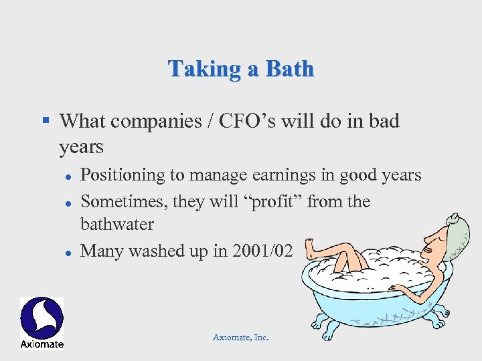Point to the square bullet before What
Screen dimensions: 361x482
46,121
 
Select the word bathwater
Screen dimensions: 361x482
117,224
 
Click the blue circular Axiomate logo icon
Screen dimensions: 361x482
42,318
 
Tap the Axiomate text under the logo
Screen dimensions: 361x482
42,344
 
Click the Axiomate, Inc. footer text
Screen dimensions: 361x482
240,338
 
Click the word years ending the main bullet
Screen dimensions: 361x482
81,146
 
